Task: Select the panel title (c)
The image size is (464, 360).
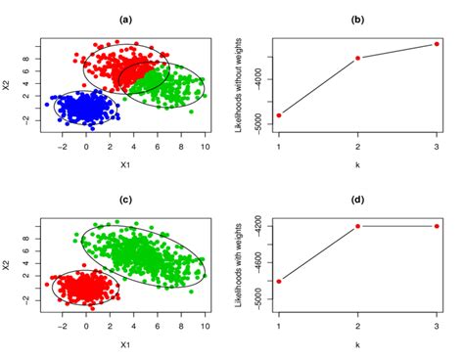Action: pyautogui.click(x=124, y=200)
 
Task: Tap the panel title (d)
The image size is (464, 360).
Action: pyautogui.click(x=358, y=200)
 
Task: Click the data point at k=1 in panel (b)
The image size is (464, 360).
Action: pyautogui.click(x=279, y=115)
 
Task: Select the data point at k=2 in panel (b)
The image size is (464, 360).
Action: pyautogui.click(x=358, y=58)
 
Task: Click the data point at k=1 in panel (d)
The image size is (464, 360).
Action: pyautogui.click(x=279, y=282)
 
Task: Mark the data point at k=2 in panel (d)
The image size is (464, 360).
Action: pyautogui.click(x=358, y=226)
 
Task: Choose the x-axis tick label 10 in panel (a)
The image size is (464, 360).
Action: pyautogui.click(x=206, y=148)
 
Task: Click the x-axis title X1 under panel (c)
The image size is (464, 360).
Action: pyautogui.click(x=124, y=344)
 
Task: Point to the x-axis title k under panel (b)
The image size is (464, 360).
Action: pyautogui.click(x=358, y=164)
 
